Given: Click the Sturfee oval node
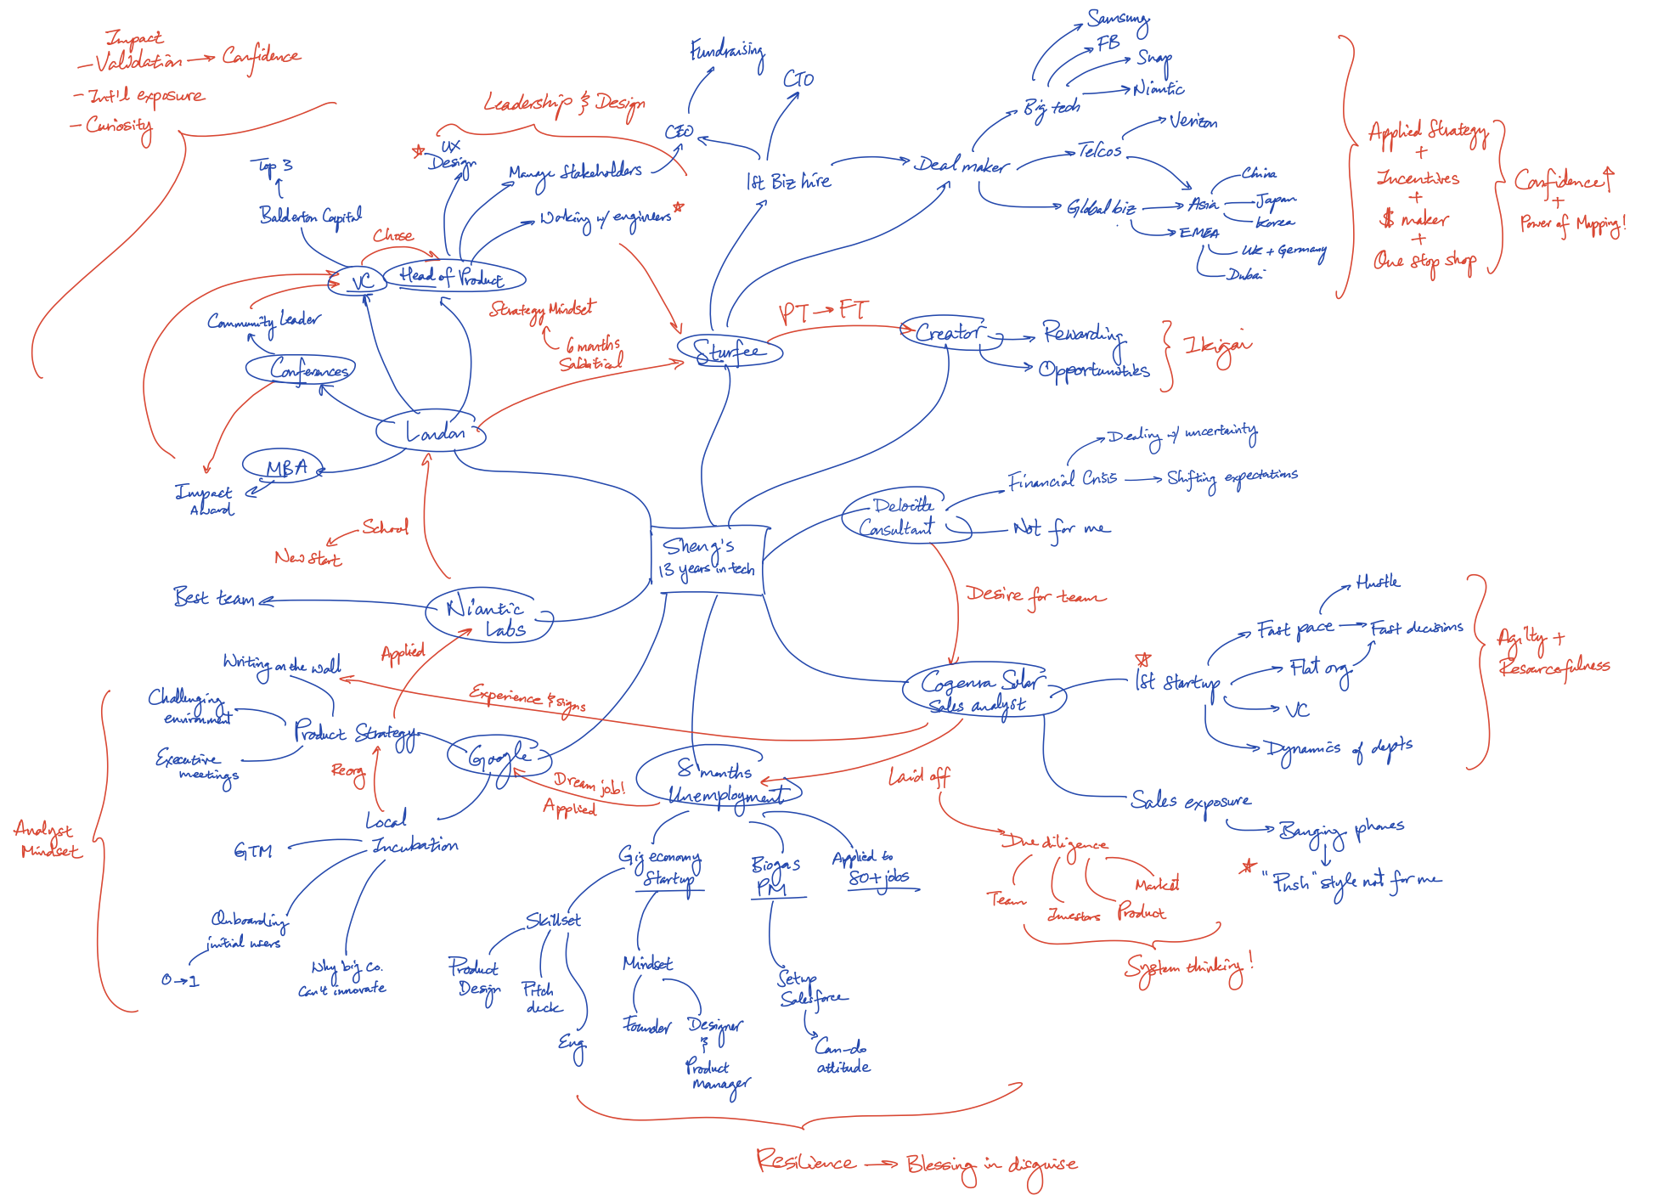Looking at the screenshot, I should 729,350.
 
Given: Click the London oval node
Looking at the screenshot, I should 431,432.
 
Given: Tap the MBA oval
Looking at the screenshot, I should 284,466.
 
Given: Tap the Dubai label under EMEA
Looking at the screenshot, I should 1245,274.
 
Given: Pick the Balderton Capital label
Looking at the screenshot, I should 311,217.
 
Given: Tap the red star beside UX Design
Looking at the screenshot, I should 418,152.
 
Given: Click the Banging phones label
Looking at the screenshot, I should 1340,830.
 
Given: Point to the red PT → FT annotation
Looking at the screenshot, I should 823,312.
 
